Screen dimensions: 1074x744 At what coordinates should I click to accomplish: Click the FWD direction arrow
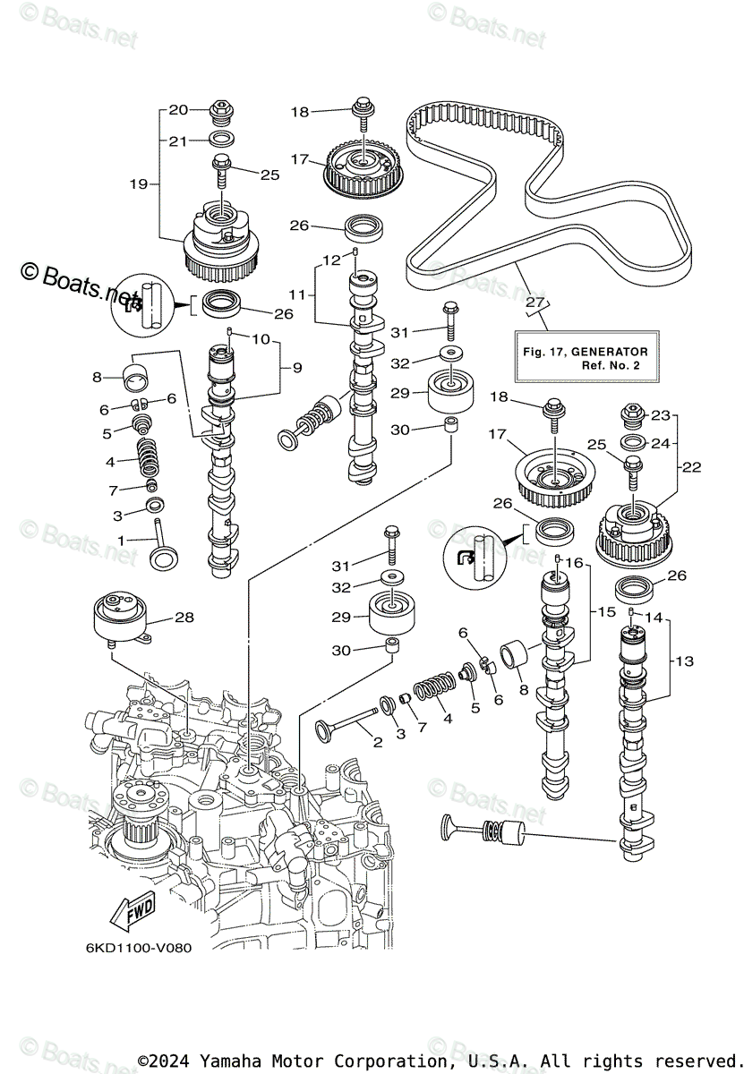(x=132, y=914)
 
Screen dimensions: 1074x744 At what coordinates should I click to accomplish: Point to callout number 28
(x=184, y=617)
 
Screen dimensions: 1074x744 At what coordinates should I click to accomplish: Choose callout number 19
(x=138, y=184)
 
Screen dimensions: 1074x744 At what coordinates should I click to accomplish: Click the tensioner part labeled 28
(x=120, y=618)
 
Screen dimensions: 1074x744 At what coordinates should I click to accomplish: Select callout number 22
(x=691, y=466)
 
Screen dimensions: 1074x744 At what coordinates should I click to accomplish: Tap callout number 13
(x=684, y=661)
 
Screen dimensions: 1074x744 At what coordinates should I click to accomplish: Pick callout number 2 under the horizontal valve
(x=377, y=741)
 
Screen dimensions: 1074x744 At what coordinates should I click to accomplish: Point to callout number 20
(x=179, y=110)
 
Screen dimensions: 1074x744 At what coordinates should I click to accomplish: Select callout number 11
(x=297, y=293)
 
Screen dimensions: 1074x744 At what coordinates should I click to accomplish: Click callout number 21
(x=179, y=141)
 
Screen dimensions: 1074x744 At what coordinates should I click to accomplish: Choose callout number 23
(x=660, y=415)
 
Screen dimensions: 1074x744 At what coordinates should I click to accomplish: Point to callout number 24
(x=660, y=443)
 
